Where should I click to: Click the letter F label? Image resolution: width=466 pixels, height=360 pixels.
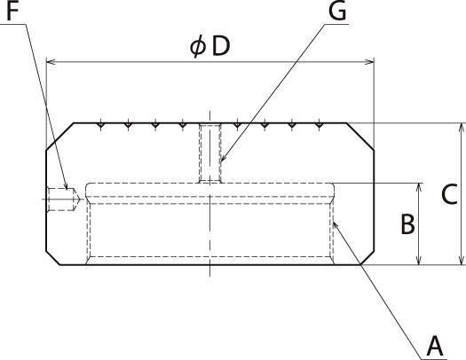[12, 11]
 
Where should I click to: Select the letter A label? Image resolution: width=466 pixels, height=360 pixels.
[435, 347]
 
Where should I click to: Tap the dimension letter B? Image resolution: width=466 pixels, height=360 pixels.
[407, 224]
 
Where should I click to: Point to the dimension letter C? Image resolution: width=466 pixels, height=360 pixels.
[449, 194]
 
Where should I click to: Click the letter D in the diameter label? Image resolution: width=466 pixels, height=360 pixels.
[222, 47]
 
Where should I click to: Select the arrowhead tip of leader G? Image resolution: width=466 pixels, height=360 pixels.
[220, 161]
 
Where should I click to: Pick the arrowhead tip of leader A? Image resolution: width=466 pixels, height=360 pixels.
[333, 222]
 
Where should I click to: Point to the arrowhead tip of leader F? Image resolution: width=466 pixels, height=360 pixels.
[67, 190]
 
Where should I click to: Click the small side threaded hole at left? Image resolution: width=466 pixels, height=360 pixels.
[63, 200]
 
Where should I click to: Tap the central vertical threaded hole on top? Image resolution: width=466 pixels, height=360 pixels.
[210, 153]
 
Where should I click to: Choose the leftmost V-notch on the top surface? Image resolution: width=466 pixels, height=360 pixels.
[101, 126]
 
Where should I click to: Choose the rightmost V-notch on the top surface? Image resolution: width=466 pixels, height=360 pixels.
[319, 126]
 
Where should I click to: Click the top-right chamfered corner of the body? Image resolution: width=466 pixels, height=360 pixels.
[360, 137]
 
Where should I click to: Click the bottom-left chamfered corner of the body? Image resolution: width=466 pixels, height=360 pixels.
[53, 258]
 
